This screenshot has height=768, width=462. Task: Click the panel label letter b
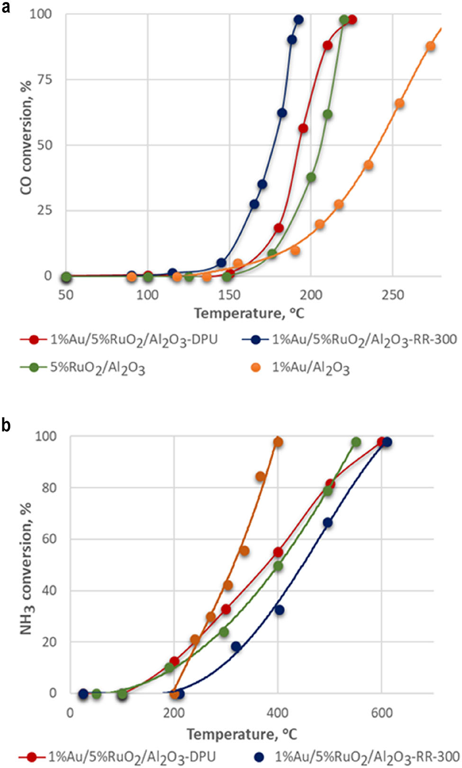6,425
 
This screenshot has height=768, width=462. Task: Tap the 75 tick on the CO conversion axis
45,80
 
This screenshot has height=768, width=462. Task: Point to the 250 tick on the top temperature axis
393,295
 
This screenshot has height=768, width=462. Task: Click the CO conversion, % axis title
26,137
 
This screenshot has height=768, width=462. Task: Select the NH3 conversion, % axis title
26,569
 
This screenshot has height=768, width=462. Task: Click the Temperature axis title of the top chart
249,313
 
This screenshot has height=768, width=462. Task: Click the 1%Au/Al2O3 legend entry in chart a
310,368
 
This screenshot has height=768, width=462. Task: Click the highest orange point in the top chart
430,46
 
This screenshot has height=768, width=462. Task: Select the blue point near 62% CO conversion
282,113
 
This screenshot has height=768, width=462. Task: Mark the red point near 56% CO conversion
303,128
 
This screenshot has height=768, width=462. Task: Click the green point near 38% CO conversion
311,178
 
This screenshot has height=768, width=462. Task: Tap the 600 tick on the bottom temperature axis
382,713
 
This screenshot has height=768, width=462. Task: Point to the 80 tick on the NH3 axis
49,488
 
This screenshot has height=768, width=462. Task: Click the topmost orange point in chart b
278,442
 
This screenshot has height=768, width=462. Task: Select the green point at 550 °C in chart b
356,442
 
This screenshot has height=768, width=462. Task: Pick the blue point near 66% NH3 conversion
327,523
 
